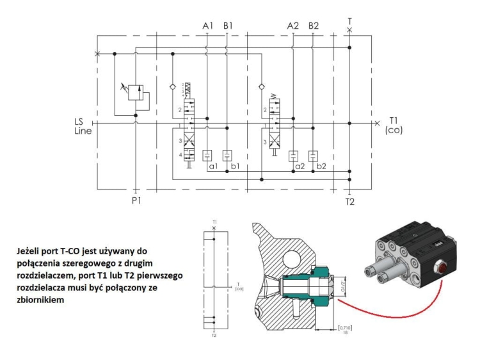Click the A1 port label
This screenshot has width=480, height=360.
point(207,26)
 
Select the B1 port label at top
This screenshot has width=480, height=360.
point(228,26)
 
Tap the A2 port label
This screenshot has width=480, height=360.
point(292,26)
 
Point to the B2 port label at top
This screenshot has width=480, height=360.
point(313,26)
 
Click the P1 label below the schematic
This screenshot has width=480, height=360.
point(136,200)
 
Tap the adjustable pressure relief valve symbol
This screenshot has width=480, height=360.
point(136,92)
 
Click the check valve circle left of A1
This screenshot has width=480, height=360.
point(172,85)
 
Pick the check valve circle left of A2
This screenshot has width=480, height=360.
point(260,85)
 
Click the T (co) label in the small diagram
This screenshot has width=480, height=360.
point(240,286)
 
